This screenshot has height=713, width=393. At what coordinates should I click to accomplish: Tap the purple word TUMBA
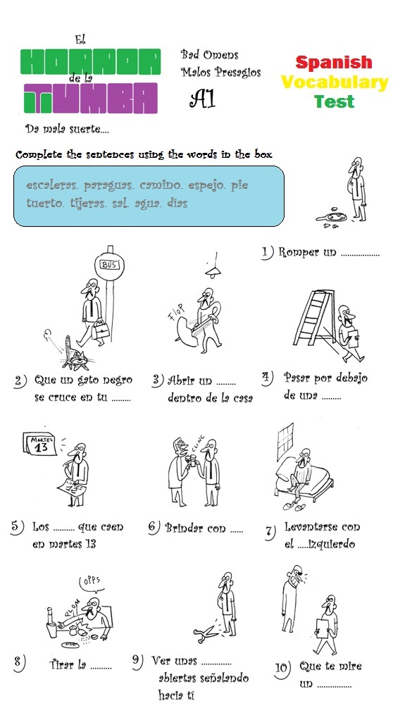(89, 99)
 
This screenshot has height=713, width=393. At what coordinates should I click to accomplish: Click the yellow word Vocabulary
(334, 82)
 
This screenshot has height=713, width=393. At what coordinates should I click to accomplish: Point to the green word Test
(334, 101)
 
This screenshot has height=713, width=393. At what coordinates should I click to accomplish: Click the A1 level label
(201, 99)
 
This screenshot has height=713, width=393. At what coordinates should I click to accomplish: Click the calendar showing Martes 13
(42, 445)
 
